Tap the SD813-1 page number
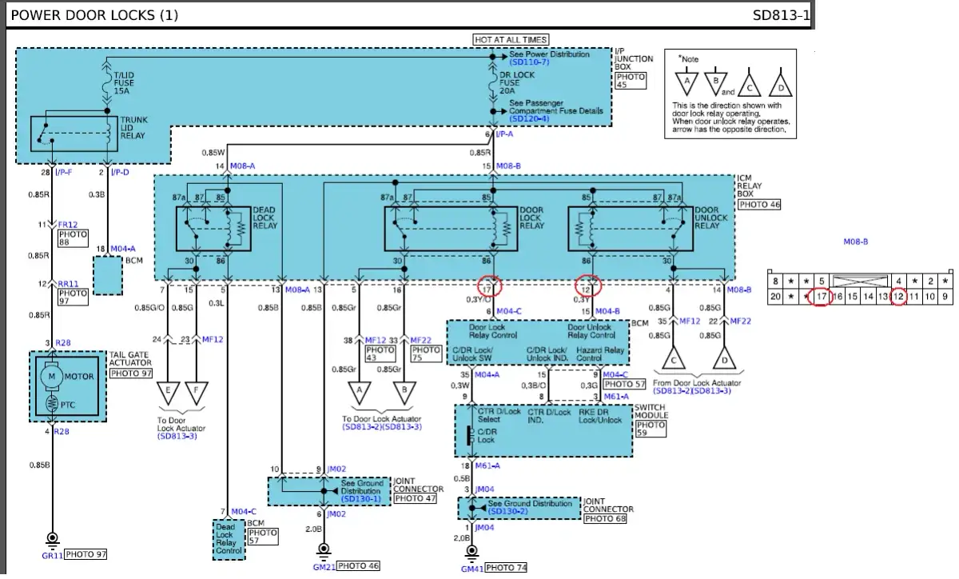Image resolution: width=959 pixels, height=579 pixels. click(781, 15)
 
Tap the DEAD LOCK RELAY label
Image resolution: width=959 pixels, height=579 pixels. click(265, 218)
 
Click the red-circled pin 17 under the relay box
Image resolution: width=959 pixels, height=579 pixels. click(489, 287)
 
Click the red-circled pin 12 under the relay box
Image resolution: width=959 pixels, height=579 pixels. click(588, 287)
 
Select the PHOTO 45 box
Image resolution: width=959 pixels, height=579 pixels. click(631, 82)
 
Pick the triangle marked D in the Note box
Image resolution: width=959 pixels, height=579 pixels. click(779, 83)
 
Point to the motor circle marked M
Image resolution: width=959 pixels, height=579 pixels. click(52, 376)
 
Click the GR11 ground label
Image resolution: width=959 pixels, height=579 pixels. click(52, 554)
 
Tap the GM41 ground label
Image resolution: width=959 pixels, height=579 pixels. click(473, 569)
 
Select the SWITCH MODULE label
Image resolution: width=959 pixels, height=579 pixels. click(650, 412)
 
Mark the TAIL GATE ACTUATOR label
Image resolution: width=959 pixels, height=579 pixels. click(132, 359)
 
